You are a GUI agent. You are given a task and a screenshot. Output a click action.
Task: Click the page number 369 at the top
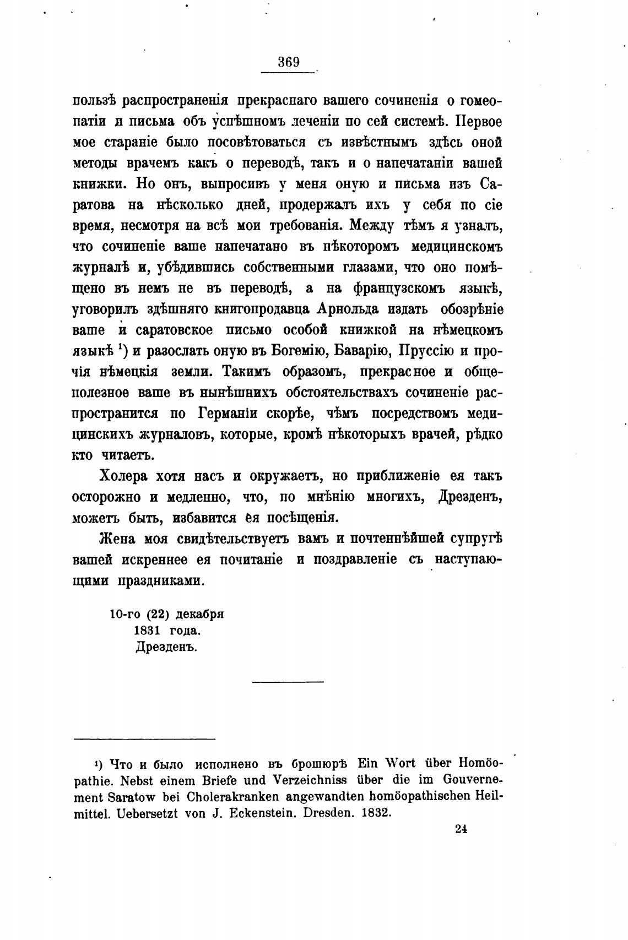[288, 62]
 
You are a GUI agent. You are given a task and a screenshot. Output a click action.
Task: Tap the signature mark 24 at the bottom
[461, 829]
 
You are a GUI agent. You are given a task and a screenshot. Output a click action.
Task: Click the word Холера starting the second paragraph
[124, 476]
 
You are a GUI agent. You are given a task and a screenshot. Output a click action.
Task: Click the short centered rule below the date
[288, 683]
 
